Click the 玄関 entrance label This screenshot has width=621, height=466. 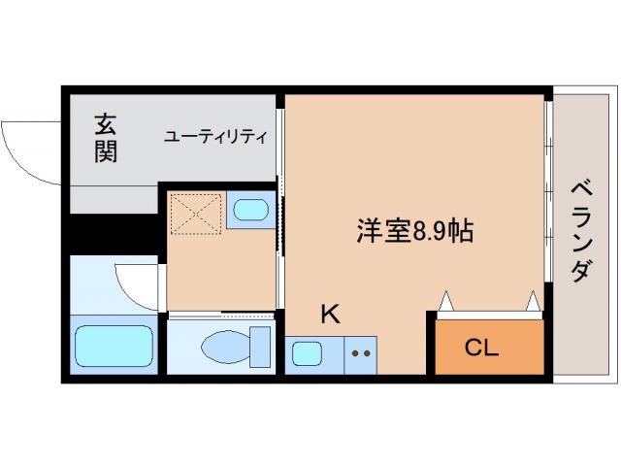106,138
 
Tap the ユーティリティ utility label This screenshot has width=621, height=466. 214,137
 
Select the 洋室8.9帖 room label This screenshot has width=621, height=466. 414,232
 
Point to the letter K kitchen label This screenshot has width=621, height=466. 330,314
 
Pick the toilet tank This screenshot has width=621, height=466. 260,346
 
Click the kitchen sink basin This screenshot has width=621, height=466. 309,353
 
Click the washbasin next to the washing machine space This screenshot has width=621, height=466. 251,210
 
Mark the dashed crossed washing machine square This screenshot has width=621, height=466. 196,213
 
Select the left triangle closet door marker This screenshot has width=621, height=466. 444,302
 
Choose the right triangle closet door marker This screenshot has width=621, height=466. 533,302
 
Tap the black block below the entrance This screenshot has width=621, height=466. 112,234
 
